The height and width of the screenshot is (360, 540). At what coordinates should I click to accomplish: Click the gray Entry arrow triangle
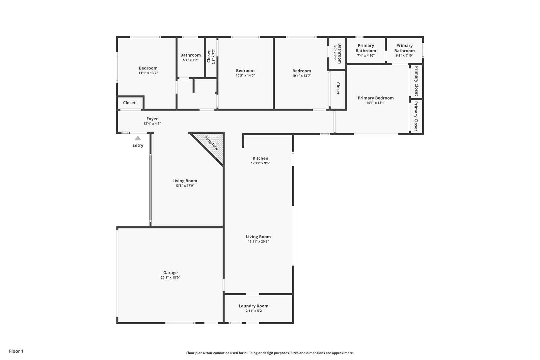(138, 138)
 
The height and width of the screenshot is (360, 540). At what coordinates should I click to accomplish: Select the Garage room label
(170, 273)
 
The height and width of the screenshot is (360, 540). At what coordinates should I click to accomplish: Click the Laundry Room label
(253, 306)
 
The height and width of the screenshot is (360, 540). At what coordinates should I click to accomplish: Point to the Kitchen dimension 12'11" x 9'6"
(260, 163)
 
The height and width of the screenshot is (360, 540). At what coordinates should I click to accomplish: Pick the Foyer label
(152, 119)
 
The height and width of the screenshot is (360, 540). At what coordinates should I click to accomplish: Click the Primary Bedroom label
(376, 98)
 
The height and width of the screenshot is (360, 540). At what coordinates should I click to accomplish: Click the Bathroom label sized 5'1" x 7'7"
(190, 55)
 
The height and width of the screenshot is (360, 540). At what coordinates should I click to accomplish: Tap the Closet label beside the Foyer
(129, 103)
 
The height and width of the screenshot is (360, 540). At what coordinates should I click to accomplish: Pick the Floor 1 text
(16, 351)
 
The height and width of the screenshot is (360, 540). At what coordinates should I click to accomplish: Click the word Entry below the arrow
(138, 145)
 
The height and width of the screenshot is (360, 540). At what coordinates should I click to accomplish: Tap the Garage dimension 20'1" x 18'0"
(170, 277)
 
